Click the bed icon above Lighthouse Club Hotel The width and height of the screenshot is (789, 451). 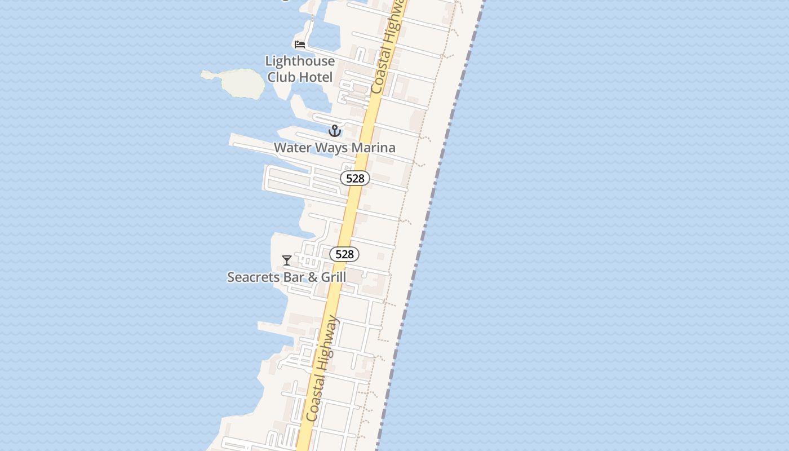tap(300, 44)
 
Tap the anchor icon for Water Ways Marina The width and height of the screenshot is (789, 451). tap(335, 131)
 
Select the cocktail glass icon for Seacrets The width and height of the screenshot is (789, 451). tap(287, 260)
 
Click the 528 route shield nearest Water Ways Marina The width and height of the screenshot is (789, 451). tap(355, 178)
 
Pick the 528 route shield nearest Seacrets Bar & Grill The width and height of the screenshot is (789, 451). tap(344, 254)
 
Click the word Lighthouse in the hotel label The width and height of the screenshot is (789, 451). tap(300, 61)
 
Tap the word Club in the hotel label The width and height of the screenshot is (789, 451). tap(282, 77)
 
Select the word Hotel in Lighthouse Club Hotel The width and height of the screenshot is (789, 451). tap(316, 77)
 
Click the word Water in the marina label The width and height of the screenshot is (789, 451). tap(291, 148)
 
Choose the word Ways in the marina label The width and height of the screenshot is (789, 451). tap(332, 148)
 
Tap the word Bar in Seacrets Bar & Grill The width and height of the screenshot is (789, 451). tap(296, 277)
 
